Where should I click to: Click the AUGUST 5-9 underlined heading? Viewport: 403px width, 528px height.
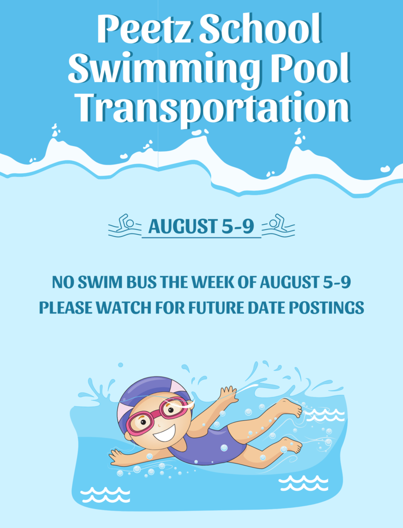click(x=202, y=226)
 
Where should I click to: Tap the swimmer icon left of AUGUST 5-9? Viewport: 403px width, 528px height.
click(x=125, y=226)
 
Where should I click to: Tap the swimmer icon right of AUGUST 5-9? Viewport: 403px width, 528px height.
click(x=278, y=226)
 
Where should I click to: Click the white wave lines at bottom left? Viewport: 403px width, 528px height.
click(x=105, y=494)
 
